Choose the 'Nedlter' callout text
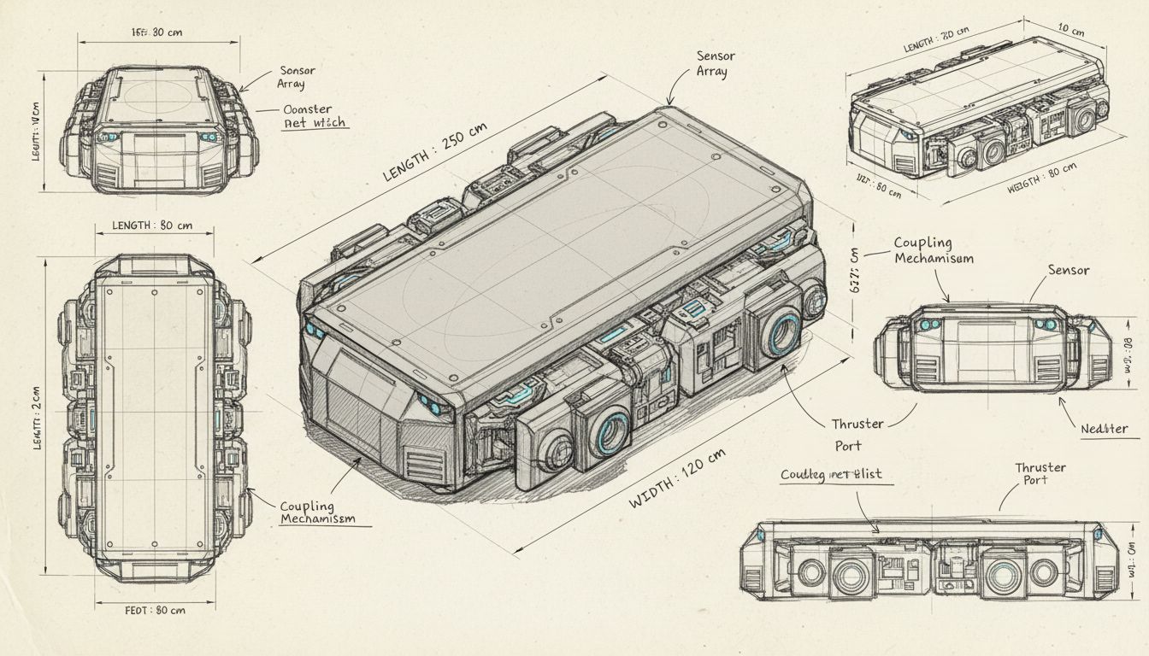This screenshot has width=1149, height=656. pos(1104,429)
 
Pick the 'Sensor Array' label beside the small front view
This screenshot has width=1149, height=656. pos(296,77)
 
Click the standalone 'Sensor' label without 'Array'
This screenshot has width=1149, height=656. pos(1068,271)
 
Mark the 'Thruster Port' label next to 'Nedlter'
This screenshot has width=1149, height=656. pos(857,434)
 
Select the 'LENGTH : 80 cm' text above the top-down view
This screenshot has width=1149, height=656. pos(152,226)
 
